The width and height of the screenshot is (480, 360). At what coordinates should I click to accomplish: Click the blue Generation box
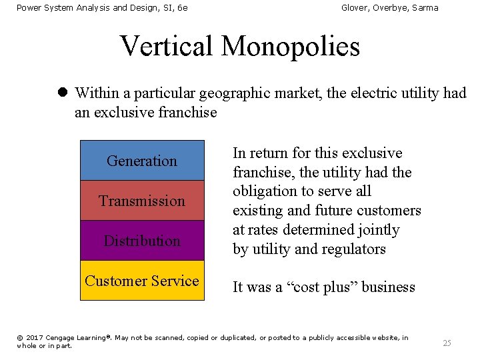(x=142, y=161)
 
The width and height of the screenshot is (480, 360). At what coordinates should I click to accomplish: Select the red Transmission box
(x=142, y=201)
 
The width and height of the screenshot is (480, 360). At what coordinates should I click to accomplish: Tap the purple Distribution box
(x=142, y=241)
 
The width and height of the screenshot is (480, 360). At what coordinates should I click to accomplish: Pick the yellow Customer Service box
(x=142, y=281)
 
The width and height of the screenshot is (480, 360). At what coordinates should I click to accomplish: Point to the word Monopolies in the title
(x=290, y=46)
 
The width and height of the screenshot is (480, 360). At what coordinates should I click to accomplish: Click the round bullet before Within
(x=61, y=93)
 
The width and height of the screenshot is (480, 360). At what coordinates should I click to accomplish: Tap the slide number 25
(x=447, y=343)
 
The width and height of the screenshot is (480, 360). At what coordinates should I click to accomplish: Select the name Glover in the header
(x=355, y=8)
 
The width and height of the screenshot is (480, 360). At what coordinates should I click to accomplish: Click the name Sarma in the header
(x=425, y=8)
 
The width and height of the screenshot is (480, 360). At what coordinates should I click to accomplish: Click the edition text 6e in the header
(x=182, y=8)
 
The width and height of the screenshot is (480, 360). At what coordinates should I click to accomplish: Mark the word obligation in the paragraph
(x=263, y=191)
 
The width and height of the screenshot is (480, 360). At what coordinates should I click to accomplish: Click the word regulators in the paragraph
(x=353, y=249)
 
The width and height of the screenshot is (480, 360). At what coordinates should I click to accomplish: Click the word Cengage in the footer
(x=61, y=338)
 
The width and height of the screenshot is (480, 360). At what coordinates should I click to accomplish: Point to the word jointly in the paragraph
(x=377, y=230)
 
